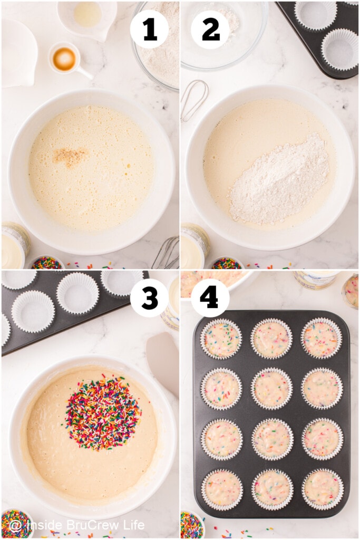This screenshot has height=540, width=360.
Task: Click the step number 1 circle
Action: [149, 29]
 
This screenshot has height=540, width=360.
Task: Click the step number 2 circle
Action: [210, 29]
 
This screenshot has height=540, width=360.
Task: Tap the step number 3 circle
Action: [149, 298]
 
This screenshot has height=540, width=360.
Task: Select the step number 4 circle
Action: [210, 298]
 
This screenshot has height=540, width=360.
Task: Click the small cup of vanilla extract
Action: [65, 59]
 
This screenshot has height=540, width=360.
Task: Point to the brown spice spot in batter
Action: [71, 157]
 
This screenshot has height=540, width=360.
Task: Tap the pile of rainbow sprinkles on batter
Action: [103, 413]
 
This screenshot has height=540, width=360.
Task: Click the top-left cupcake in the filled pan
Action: [221, 339]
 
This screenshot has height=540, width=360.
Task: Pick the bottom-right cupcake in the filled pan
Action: [322, 488]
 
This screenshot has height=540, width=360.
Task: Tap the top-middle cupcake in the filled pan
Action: [271, 339]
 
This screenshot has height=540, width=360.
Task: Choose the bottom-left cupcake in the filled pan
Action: [222, 488]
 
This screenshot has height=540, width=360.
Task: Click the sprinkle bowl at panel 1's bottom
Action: [47, 262]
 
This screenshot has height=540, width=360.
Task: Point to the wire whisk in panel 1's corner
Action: [168, 254]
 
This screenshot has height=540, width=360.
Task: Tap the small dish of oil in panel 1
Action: [87, 15]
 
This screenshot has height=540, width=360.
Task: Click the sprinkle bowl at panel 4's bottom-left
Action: [191, 524]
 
